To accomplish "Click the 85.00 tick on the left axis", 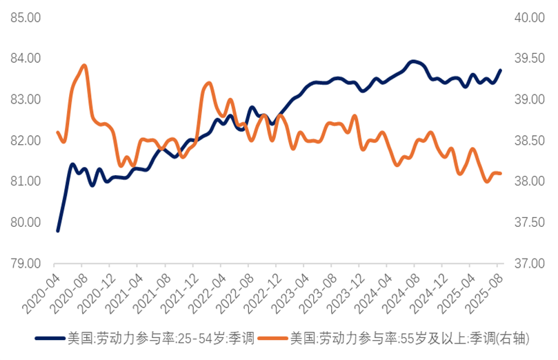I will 26,18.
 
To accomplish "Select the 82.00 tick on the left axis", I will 26,141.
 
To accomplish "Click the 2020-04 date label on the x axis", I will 43,290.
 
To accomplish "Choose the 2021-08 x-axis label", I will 153,290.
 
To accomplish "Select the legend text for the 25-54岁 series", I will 160,338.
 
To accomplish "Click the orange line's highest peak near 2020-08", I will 84,66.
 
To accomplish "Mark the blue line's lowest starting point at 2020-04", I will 57,230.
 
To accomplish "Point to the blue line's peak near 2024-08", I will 413,61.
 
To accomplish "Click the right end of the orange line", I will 500,173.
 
